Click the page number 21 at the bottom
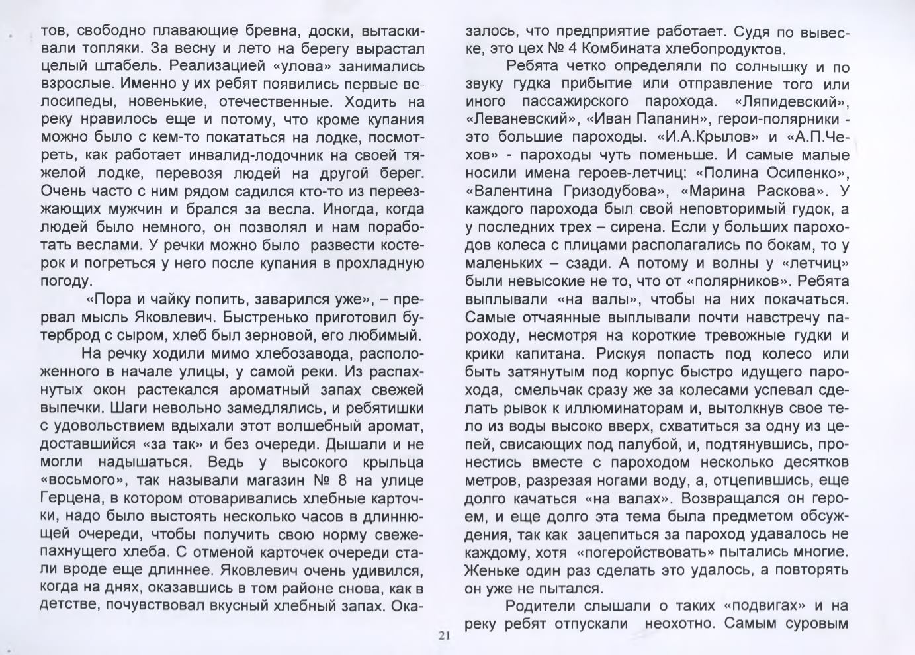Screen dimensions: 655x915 tap(443, 636)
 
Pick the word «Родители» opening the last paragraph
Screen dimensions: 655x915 tap(539, 605)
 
